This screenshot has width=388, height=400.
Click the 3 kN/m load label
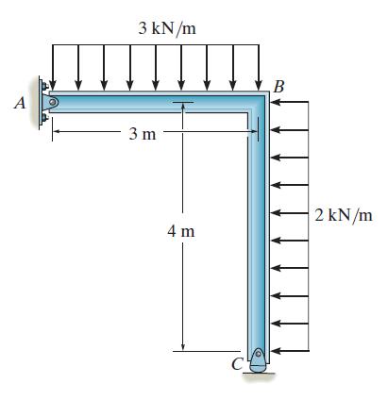[167, 28]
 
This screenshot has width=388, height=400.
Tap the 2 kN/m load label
[344, 215]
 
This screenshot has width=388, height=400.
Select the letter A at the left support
[20, 103]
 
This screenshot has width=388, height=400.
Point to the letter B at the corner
[279, 87]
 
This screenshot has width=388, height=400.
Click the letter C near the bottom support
[237, 364]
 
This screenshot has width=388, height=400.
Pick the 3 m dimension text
[143, 135]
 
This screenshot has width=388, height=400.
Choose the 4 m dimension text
[181, 232]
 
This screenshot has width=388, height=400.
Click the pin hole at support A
[53, 102]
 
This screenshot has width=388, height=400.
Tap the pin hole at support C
[258, 354]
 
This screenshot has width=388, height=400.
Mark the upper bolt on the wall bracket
[44, 86]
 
